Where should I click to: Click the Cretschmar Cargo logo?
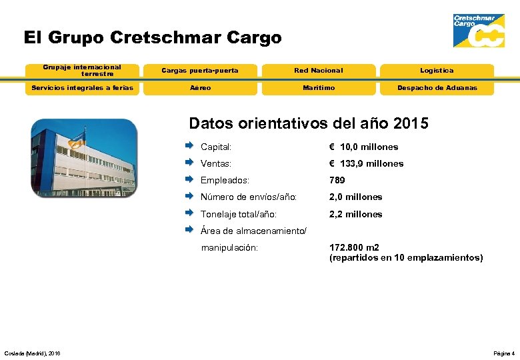478,31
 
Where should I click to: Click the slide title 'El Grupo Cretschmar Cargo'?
153,37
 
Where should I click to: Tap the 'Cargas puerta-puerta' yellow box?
200,71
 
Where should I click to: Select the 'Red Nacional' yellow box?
318,71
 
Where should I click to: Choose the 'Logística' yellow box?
437,71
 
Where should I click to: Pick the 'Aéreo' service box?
200,88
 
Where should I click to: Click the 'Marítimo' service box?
318,88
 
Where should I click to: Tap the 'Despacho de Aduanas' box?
437,88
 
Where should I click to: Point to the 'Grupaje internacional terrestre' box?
82,70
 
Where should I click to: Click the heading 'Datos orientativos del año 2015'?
309,124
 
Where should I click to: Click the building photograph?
84,158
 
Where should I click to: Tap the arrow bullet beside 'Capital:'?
189,146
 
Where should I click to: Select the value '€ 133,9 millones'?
366,163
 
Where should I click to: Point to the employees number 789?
337,180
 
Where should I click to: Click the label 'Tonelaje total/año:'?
239,214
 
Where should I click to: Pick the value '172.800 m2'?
354,247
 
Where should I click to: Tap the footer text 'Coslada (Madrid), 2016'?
32,353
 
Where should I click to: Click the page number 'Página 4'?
503,353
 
